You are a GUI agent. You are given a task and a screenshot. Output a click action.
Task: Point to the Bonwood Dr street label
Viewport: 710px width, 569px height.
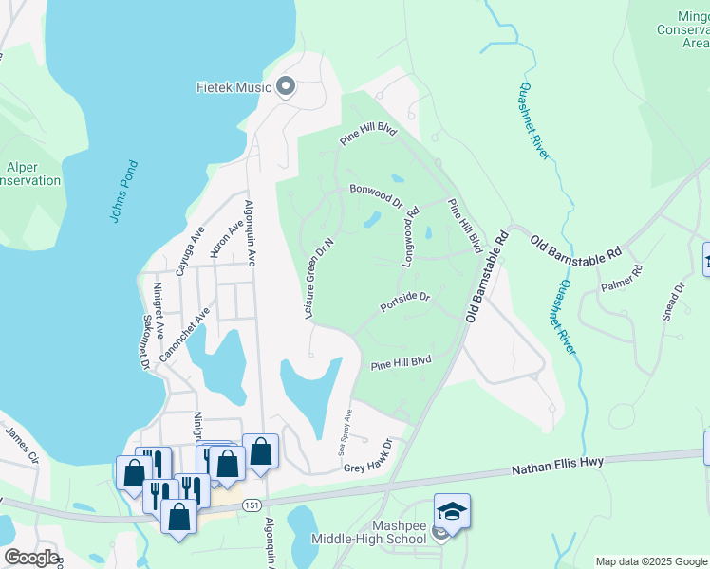(x=376, y=195)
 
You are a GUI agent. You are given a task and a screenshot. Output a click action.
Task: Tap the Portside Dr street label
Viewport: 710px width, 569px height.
(x=405, y=303)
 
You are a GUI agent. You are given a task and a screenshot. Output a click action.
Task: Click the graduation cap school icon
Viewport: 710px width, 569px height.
(x=452, y=512)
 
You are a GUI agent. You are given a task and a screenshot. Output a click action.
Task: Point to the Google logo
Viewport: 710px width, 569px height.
(x=31, y=558)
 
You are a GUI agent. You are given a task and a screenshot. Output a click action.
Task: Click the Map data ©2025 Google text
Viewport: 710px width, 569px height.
(x=651, y=561)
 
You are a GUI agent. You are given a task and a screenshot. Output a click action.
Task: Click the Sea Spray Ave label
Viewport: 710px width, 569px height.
(x=346, y=431)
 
